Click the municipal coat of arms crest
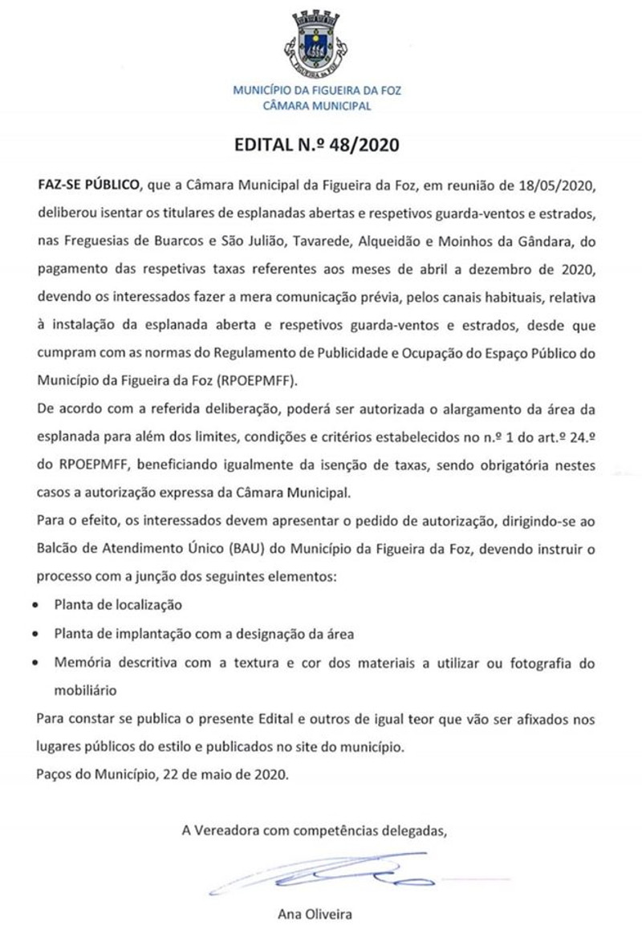(316, 43)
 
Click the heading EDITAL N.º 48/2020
(316, 146)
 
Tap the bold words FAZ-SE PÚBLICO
(87, 186)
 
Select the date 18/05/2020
(563, 186)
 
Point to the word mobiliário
(86, 688)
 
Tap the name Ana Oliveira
(314, 914)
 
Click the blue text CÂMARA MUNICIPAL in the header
(317, 105)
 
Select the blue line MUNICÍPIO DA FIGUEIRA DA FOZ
(317, 91)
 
